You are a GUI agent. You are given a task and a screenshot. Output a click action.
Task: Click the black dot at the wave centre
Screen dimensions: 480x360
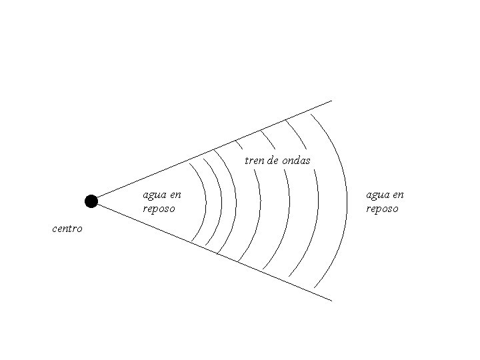point(91,201)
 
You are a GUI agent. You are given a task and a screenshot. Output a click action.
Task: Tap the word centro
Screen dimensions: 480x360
point(67,229)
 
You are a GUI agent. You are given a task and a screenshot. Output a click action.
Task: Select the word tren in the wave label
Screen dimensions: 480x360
point(254,161)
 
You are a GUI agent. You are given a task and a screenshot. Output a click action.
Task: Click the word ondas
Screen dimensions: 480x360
point(296,161)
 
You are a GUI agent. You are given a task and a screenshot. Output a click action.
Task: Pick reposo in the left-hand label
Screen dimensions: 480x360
point(159,209)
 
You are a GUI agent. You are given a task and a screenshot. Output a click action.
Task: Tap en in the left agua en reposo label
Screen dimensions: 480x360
point(175,195)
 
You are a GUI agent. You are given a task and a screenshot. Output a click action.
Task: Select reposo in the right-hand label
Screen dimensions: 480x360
point(382,209)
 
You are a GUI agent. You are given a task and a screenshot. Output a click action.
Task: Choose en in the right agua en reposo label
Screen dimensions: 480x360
point(399,195)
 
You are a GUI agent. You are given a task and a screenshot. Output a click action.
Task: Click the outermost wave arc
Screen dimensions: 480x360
point(347,200)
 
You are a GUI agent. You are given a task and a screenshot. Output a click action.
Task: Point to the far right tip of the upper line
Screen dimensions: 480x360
point(331,101)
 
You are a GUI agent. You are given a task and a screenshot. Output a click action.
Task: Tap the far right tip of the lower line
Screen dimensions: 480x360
point(331,301)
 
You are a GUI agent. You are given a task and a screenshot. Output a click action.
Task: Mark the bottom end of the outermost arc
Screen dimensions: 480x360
point(313,287)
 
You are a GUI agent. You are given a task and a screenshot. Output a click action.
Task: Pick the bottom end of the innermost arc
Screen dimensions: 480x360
point(191,241)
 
